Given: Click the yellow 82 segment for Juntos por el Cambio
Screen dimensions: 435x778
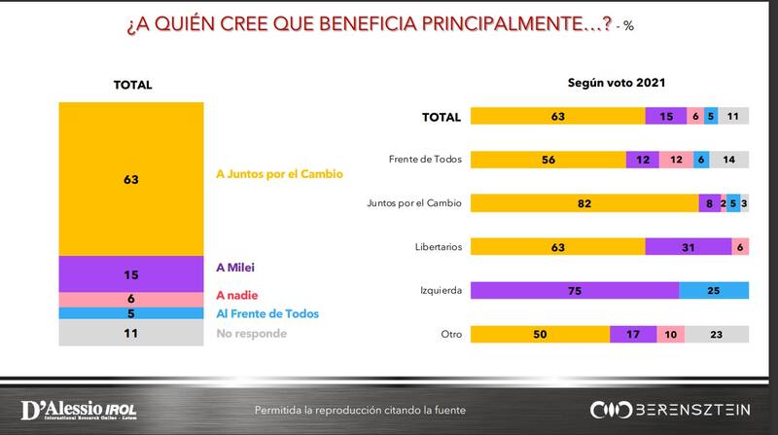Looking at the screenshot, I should pyautogui.click(x=583, y=203).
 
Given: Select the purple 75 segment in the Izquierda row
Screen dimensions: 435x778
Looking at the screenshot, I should pyautogui.click(x=574, y=289).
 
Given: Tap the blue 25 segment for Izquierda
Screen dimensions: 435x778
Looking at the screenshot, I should pyautogui.click(x=713, y=289).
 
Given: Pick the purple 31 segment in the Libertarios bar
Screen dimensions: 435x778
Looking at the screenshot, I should pyautogui.click(x=688, y=246).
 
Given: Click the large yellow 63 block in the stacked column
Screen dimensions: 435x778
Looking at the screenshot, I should pyautogui.click(x=129, y=178).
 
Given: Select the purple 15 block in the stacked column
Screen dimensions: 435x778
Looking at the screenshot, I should pyautogui.click(x=129, y=274).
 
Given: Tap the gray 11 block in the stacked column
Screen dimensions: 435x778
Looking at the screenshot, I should pyautogui.click(x=129, y=333).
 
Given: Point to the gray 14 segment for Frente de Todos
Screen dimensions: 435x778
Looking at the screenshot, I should pyautogui.click(x=728, y=161).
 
